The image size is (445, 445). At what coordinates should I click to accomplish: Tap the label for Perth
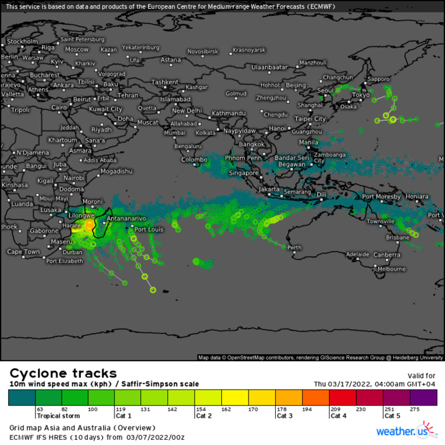pyautogui.click(x=294, y=247)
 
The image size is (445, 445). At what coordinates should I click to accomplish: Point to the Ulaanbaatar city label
pyautogui.click(x=270, y=67)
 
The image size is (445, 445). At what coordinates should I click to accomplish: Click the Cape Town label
pyautogui.click(x=24, y=252)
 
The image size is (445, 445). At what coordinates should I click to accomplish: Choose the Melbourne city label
pyautogui.click(x=392, y=269)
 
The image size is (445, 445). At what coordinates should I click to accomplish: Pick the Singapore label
pyautogui.click(x=243, y=172)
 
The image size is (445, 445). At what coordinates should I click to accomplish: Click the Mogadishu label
pyautogui.click(x=116, y=171)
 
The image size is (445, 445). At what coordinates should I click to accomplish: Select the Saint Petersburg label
pyautogui.click(x=82, y=39)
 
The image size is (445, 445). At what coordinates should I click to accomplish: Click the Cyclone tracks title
pyautogui.click(x=63, y=373)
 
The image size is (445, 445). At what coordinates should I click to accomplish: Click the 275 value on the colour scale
pyautogui.click(x=415, y=409)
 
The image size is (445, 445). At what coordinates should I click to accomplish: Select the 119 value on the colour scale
pyautogui.click(x=120, y=409)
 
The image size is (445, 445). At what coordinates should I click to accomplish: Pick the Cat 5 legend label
pyautogui.click(x=392, y=416)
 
